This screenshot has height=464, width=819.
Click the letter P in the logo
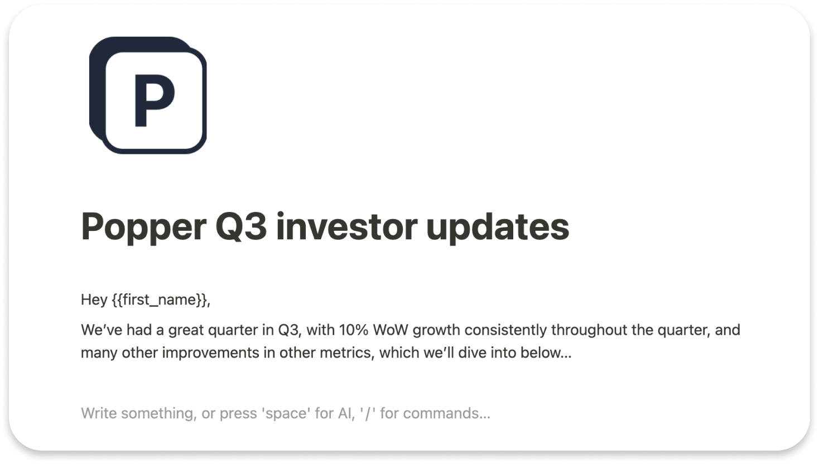pyautogui.click(x=154, y=101)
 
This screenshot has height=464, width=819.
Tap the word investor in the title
pyautogui.click(x=346, y=227)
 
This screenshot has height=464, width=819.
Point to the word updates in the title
pyautogui.click(x=498, y=227)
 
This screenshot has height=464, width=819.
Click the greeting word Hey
pyautogui.click(x=94, y=299)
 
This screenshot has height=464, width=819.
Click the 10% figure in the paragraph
pyautogui.click(x=353, y=330)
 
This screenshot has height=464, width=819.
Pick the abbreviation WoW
pyautogui.click(x=391, y=330)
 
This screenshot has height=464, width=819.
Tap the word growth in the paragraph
pyautogui.click(x=436, y=330)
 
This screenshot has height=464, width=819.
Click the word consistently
pyautogui.click(x=505, y=330)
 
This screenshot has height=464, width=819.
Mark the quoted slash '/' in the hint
pyautogui.click(x=367, y=413)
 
